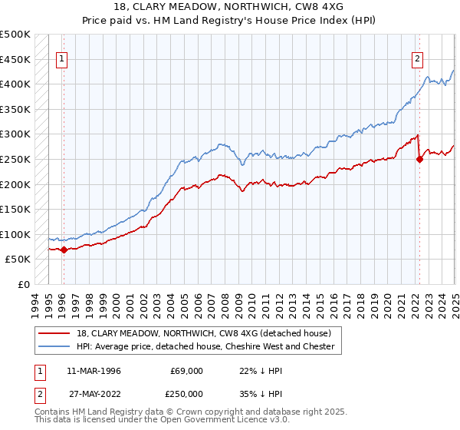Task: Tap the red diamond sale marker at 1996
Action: point(64,250)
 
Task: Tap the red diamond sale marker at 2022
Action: point(419,159)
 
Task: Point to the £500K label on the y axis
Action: point(15,35)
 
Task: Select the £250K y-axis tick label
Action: point(15,159)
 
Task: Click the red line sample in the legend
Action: point(54,333)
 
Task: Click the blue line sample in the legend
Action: point(54,346)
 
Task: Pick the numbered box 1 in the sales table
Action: point(38,370)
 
